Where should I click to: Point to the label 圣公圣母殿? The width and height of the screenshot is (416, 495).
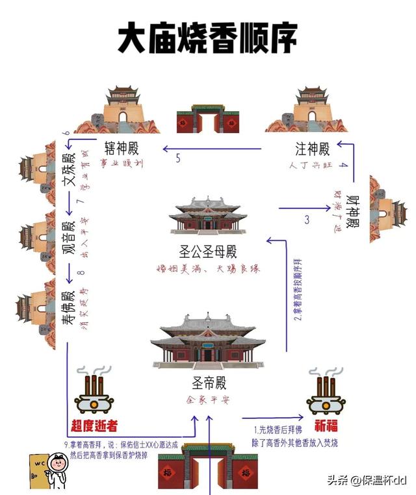pyautogui.click(x=207, y=251)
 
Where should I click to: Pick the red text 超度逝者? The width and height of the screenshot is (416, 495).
pyautogui.click(x=94, y=427)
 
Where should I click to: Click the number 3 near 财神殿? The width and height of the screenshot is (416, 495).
pyautogui.click(x=306, y=220)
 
